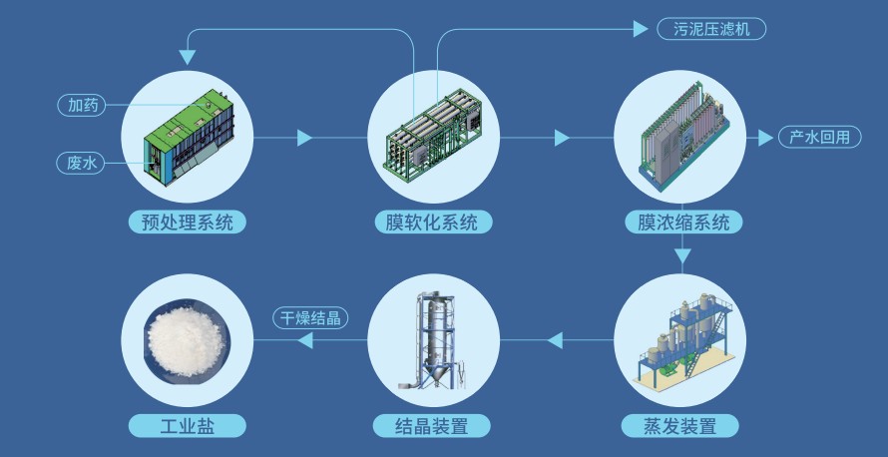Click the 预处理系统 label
point(187,222)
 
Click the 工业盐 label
point(187,426)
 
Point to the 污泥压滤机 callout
point(711,29)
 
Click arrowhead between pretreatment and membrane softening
point(304,138)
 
